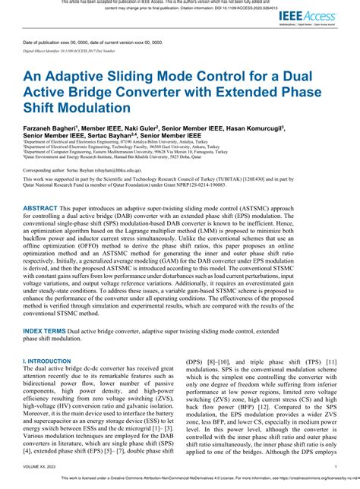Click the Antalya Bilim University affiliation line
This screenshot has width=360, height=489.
[x=106, y=142]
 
